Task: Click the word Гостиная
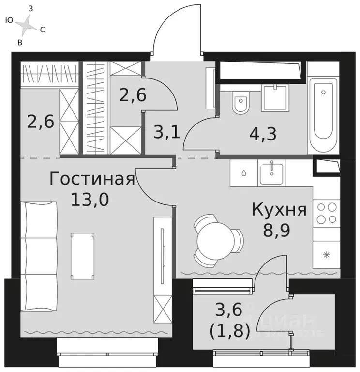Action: coord(91,179)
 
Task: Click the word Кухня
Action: coord(279,210)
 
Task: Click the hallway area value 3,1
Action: coord(166,131)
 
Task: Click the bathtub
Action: coord(323,111)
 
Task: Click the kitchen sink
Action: coord(274,173)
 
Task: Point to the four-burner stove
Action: coord(327,214)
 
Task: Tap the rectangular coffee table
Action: coord(82,256)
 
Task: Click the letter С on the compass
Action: coord(43,30)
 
